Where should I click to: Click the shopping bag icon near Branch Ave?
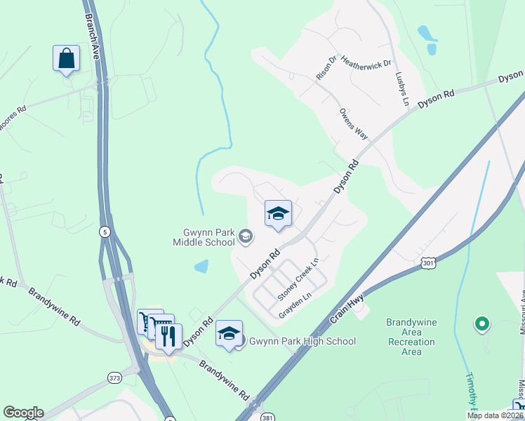coord(66,58)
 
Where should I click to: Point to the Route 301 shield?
coord(427,262)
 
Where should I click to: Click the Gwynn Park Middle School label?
coord(204,238)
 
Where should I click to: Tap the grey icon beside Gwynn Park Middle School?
coord(246,236)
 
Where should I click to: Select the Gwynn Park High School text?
coord(303,342)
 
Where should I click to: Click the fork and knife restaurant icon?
coord(168,336)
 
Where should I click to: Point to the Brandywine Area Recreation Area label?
coord(411,337)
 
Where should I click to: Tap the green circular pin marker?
coord(481,324)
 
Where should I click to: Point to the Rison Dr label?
coord(328,66)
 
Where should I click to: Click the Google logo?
coord(23,413)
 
